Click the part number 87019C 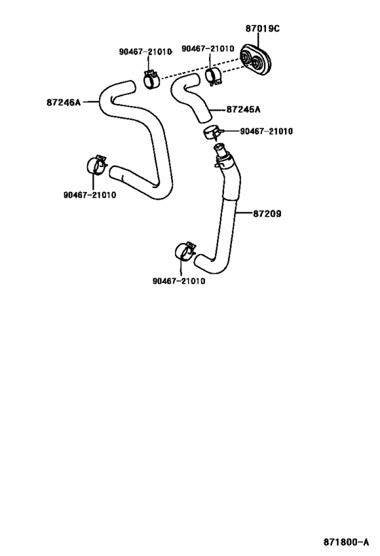263,29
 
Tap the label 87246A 64,103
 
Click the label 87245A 243,109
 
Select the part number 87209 267,214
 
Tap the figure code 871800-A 346,542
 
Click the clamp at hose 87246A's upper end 151,79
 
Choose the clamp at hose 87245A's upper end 214,76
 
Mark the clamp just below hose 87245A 212,132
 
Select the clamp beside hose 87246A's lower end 96,165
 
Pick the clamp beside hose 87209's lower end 185,251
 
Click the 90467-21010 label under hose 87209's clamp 178,281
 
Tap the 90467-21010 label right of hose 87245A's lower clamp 267,132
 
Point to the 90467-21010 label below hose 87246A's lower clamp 90,196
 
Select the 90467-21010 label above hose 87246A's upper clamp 145,52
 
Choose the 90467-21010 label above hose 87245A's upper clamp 208,49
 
